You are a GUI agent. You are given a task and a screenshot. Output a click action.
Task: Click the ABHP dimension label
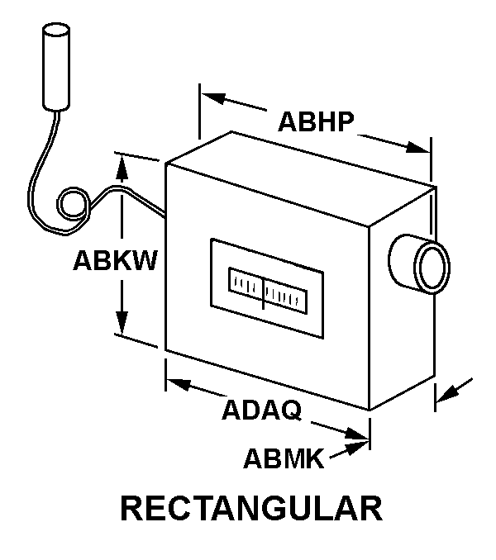(x=316, y=122)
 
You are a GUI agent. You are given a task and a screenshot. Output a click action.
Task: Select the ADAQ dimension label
(x=260, y=411)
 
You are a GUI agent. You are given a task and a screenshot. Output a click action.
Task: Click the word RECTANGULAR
(x=251, y=508)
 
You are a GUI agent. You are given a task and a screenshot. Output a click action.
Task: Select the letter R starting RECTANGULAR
(x=133, y=508)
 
